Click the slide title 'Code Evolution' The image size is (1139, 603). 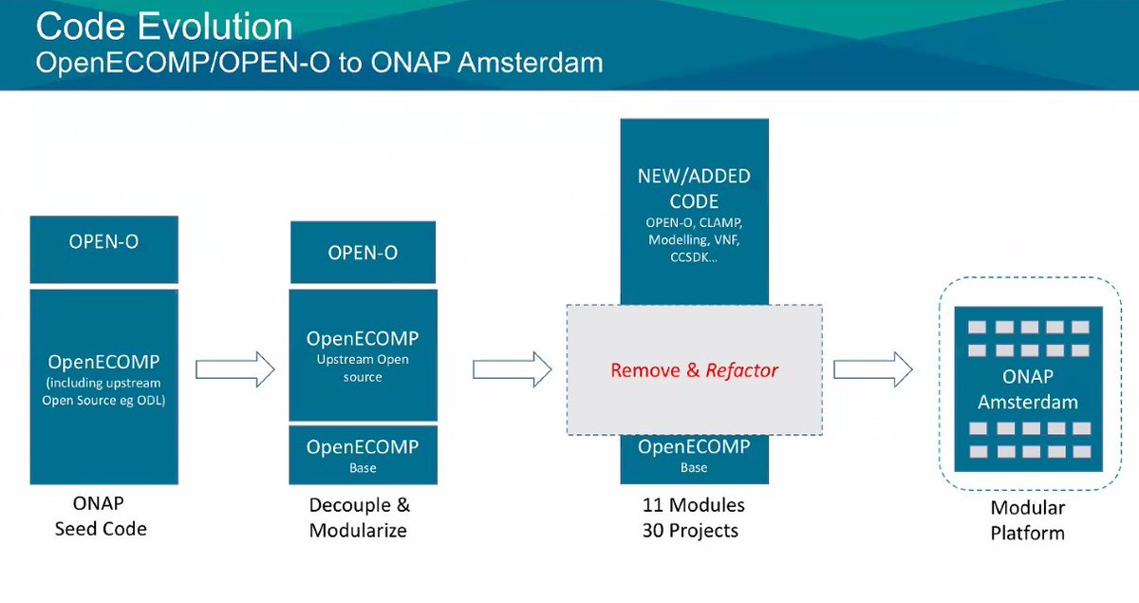[x=163, y=27]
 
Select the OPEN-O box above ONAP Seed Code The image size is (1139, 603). [x=103, y=241]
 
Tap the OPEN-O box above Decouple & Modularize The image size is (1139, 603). [x=363, y=253]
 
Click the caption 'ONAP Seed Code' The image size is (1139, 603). [x=101, y=516]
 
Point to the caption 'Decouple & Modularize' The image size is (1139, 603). [x=359, y=518]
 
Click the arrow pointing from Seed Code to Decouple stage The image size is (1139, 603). [x=234, y=369]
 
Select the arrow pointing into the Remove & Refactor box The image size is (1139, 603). [x=512, y=369]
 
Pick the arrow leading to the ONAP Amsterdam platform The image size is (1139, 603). [x=872, y=369]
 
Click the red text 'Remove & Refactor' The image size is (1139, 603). [x=694, y=370]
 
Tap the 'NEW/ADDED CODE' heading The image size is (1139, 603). [x=694, y=189]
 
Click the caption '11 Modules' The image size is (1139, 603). [x=693, y=505]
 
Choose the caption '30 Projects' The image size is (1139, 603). [x=690, y=530]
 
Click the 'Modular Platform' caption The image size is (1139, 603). [x=1027, y=520]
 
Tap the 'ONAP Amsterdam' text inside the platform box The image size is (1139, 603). [x=1027, y=389]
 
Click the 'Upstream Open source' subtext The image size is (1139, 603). [x=363, y=368]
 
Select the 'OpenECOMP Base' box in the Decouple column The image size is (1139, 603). [x=363, y=455]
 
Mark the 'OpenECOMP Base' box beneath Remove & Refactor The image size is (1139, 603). [x=694, y=456]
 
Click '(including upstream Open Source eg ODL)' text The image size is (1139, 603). [x=103, y=391]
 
